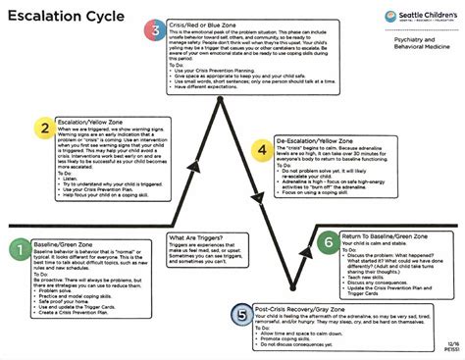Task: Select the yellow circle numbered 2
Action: pyautogui.click(x=42, y=128)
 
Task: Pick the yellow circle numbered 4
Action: pyautogui.click(x=261, y=148)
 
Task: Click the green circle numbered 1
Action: pyautogui.click(x=18, y=251)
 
